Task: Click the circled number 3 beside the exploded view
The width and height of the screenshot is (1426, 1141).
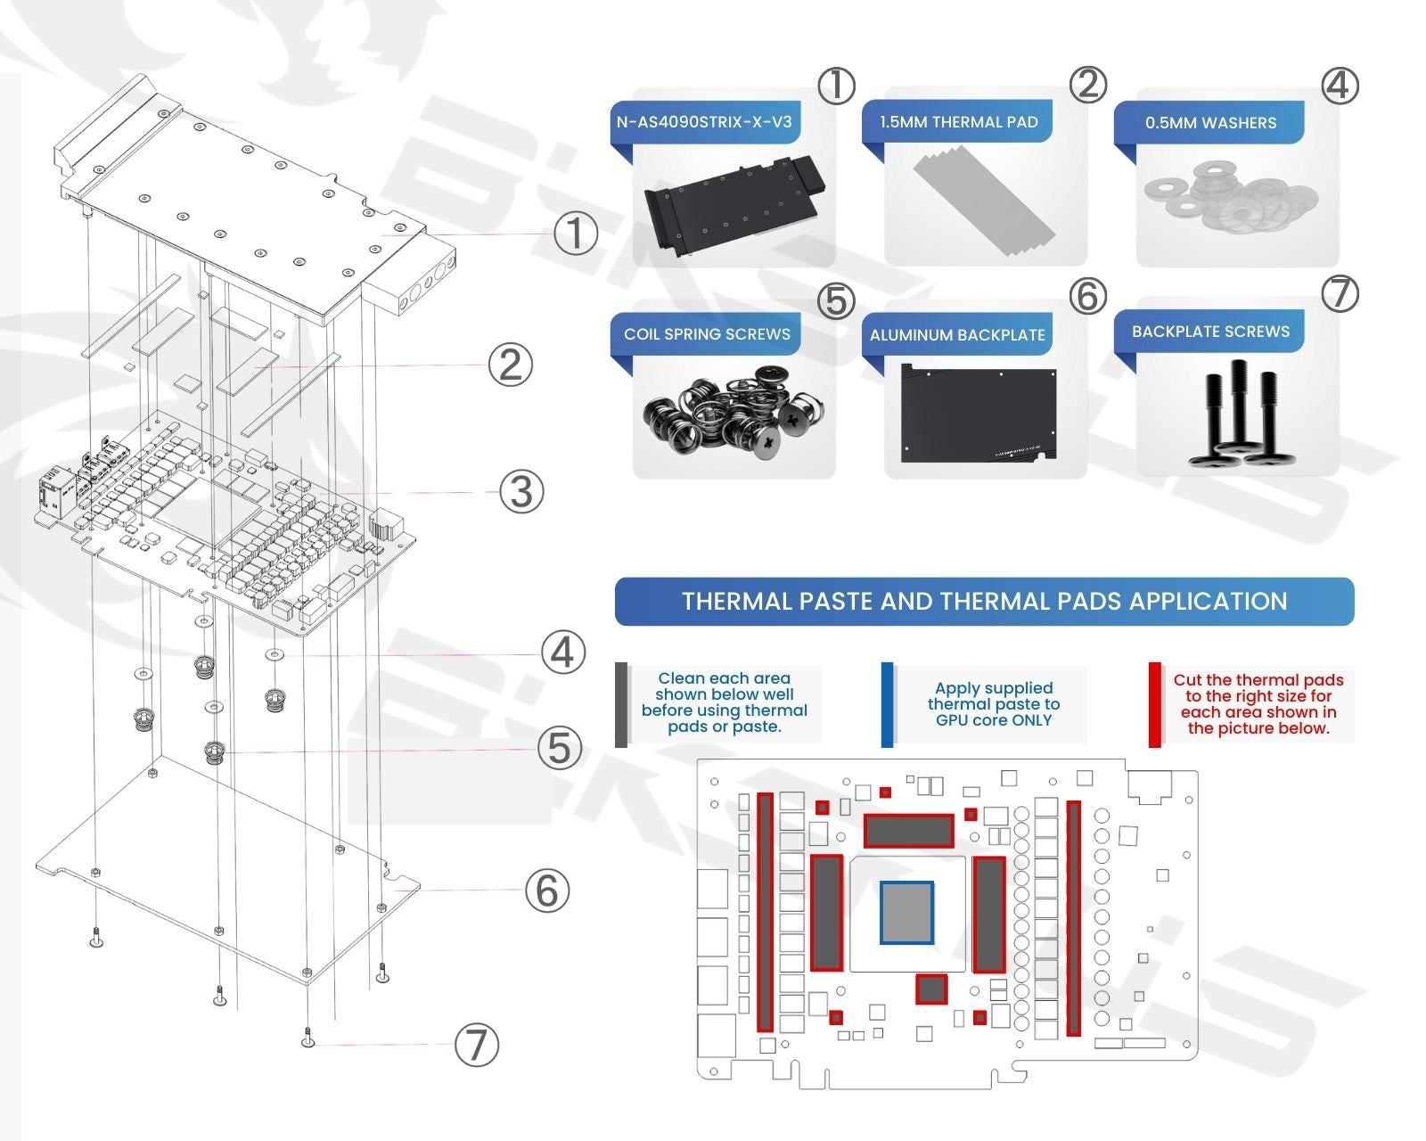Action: coord(521,492)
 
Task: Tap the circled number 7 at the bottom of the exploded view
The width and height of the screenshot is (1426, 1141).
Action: coord(477,1045)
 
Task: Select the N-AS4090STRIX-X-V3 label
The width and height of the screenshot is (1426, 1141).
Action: coord(704,122)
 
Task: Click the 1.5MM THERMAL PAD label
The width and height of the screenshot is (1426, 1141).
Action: coord(958,122)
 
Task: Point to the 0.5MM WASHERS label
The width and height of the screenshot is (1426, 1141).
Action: coord(1210,123)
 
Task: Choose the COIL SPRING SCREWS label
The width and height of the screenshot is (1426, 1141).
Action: coord(707,334)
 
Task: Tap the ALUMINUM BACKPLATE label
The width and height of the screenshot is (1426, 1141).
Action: coord(957,335)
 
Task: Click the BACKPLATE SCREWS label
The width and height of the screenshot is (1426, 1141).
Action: coord(1210,332)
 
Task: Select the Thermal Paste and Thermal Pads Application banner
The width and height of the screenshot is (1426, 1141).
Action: coord(984,602)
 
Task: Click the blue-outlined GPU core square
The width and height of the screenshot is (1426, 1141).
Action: coord(906,912)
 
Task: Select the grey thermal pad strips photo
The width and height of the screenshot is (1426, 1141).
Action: coord(984,201)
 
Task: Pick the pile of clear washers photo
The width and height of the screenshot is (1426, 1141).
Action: coord(1230,198)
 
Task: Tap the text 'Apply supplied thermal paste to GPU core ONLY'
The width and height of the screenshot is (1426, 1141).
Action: coord(993,704)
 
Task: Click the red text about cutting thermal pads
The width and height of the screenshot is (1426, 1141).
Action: coord(1258,704)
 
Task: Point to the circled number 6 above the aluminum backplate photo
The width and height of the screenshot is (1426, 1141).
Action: coord(1087,296)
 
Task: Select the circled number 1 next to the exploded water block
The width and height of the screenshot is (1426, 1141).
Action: coord(576,234)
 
